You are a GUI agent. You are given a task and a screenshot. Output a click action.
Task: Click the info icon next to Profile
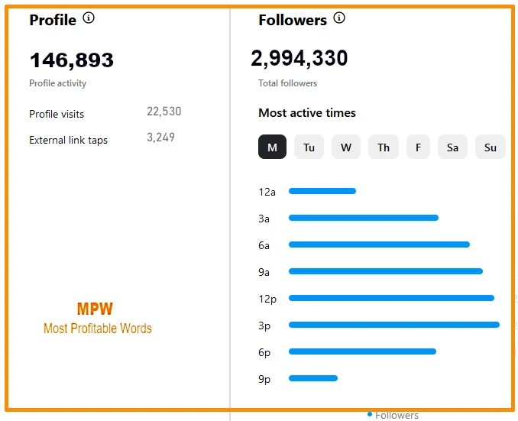pos(89,18)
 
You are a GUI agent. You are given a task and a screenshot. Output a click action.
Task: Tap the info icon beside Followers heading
pos(339,18)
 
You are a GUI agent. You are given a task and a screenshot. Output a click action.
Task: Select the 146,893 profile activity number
pos(71,60)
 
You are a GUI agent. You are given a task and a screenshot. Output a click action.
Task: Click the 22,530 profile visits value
pos(164,112)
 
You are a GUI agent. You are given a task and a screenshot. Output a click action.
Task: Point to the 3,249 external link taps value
pos(160,138)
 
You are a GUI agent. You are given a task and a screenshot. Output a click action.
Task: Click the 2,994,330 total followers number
pos(299,57)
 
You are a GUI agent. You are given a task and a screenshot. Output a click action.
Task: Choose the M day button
pos(272,147)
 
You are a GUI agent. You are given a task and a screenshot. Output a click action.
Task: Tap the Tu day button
pos(309,147)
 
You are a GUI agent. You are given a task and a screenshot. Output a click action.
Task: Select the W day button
pos(346,147)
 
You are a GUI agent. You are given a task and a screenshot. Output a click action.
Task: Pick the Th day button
pos(383,147)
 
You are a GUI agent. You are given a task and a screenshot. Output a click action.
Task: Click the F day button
pos(418,147)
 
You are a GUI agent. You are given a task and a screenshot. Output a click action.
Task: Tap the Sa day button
pos(452,147)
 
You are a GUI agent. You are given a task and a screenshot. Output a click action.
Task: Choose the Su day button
pos(490,147)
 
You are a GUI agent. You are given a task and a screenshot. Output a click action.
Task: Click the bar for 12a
pos(322,191)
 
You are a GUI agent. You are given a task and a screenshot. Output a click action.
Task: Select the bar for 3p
pos(393,325)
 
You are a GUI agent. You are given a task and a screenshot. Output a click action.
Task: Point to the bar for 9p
pos(313,377)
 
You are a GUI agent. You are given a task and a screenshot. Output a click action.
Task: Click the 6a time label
pos(264,245)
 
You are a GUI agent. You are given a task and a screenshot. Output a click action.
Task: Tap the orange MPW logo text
pos(95,309)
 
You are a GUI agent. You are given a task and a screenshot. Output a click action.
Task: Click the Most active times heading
pos(307,113)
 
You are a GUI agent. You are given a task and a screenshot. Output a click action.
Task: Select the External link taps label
pos(68,141)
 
